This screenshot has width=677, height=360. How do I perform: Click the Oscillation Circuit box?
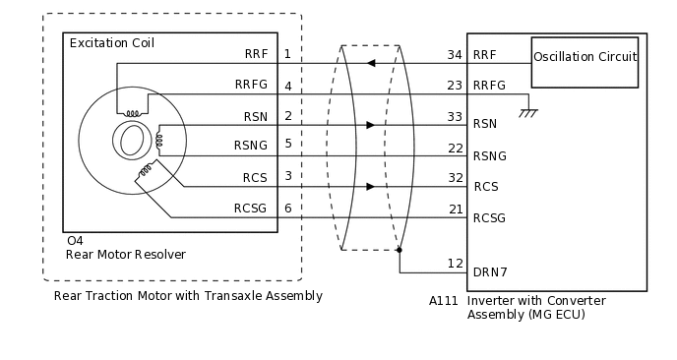(585, 57)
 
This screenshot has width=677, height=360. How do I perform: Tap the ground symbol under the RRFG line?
(528, 111)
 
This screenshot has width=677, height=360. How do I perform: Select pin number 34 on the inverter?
(456, 54)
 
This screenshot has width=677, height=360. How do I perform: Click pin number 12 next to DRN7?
(456, 264)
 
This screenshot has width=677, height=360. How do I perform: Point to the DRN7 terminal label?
(490, 271)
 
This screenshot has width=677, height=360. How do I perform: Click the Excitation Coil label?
(111, 43)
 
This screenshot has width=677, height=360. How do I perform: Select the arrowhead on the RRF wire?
(370, 64)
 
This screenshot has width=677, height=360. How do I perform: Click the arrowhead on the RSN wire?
(370, 125)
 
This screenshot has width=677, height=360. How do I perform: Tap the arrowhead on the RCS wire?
(370, 186)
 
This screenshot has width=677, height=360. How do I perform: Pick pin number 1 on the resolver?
(287, 54)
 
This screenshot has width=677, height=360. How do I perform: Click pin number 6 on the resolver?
(287, 209)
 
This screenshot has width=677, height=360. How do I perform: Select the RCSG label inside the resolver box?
(250, 209)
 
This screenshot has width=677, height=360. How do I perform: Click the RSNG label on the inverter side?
(490, 155)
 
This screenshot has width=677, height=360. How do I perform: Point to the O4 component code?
(74, 241)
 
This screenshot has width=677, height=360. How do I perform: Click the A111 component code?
(444, 301)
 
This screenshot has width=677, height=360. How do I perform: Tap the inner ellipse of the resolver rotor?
(130, 142)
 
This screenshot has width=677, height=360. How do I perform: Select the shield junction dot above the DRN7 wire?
(400, 250)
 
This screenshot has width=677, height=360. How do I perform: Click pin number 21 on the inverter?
(456, 209)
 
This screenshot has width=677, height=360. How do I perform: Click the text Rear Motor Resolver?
(125, 255)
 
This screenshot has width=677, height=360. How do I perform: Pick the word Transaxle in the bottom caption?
(227, 295)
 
